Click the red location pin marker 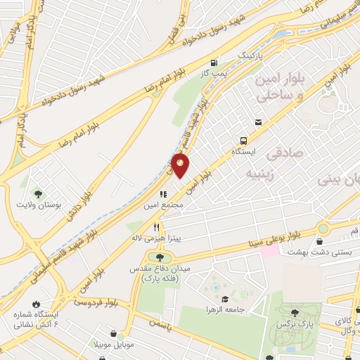pos(181,166)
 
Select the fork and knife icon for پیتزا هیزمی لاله pos(157,227)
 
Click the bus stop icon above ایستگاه pos(243,140)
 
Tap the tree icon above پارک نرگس pos(294,314)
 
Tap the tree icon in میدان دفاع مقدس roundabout pos(150,256)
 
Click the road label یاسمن pos(160,323)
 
